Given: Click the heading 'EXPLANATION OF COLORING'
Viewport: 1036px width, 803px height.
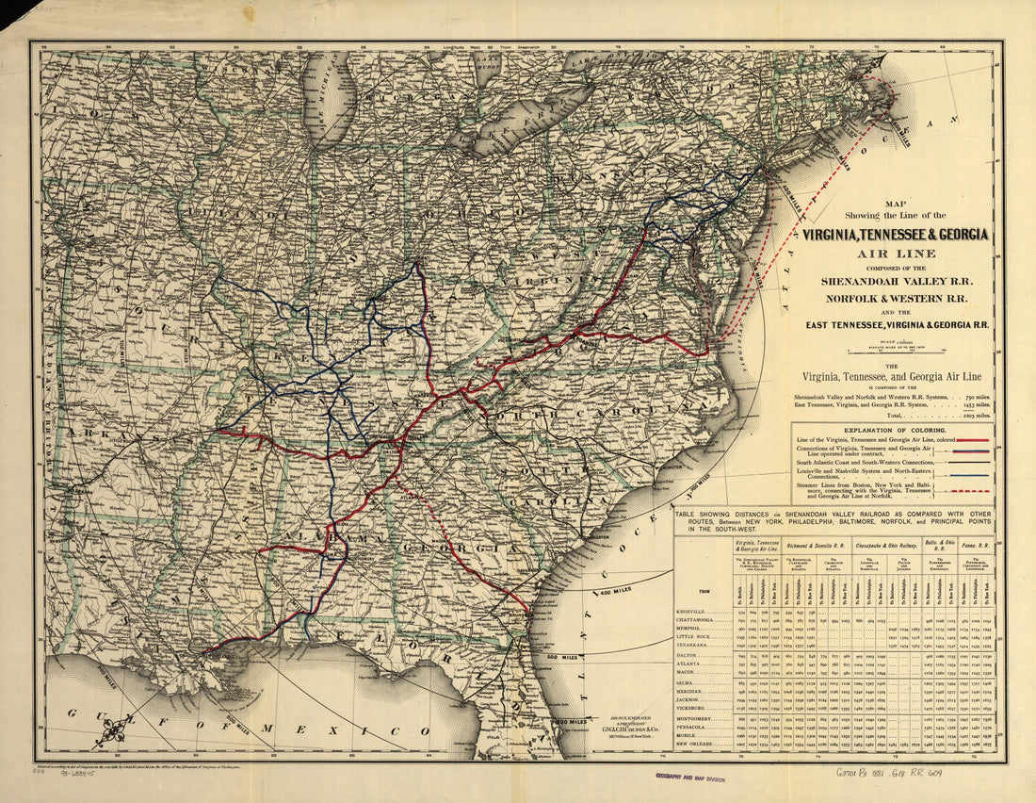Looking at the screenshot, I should click(x=894, y=429).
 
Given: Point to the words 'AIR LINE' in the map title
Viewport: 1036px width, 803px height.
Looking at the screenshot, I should click(x=896, y=253).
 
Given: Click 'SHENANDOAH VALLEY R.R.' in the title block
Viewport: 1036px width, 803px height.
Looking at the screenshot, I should click(x=896, y=281).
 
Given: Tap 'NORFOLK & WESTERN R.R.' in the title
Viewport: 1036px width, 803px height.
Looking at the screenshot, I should click(x=896, y=300).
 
